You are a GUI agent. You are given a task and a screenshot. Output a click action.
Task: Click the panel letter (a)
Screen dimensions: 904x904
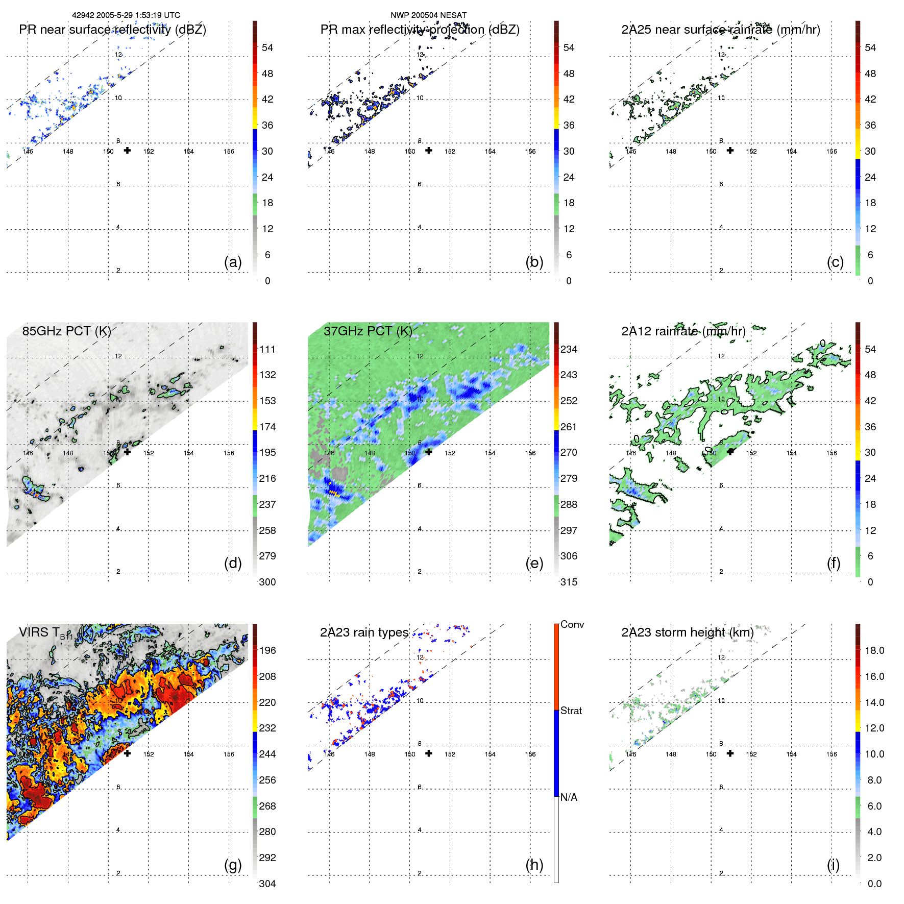click(x=233, y=262)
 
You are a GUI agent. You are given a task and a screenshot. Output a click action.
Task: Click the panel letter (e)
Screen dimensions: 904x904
click(x=534, y=563)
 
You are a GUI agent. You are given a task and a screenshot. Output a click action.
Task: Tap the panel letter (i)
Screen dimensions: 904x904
click(x=833, y=865)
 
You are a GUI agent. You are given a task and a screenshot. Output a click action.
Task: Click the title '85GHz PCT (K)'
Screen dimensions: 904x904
click(x=66, y=331)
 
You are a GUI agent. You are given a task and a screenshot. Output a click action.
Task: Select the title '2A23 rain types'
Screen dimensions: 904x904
click(x=364, y=632)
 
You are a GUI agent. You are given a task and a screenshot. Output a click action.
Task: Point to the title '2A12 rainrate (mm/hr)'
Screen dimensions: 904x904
click(x=683, y=331)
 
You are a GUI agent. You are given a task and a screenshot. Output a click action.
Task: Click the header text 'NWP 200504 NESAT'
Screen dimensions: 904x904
click(x=428, y=15)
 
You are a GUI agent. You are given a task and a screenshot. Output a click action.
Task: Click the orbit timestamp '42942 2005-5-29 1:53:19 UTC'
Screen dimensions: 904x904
click(x=126, y=15)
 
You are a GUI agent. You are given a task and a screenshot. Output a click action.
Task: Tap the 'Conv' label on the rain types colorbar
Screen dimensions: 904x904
click(x=572, y=624)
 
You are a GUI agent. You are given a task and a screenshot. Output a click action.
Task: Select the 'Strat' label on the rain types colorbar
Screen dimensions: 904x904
click(x=571, y=711)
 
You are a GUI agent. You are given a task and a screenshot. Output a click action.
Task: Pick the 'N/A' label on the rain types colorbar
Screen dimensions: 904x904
click(x=569, y=797)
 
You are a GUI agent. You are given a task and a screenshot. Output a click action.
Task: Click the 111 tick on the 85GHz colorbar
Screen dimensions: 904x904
click(x=267, y=349)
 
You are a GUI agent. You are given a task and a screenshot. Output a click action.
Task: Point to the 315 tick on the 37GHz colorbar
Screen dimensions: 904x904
click(x=569, y=582)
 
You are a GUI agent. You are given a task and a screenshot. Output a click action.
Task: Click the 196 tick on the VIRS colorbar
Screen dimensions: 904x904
click(x=267, y=650)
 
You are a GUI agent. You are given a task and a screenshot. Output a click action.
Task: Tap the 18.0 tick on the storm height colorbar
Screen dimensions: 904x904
click(x=874, y=650)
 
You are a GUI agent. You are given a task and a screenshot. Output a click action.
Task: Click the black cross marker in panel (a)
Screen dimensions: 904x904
click(x=127, y=150)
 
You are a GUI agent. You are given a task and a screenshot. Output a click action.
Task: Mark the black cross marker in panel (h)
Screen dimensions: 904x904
click(x=429, y=753)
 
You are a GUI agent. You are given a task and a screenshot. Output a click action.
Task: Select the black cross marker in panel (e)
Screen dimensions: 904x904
click(x=429, y=452)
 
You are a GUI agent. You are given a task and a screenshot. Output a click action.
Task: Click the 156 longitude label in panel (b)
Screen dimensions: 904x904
click(x=530, y=151)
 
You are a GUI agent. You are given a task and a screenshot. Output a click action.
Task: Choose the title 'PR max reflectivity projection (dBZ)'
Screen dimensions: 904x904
click(x=420, y=30)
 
